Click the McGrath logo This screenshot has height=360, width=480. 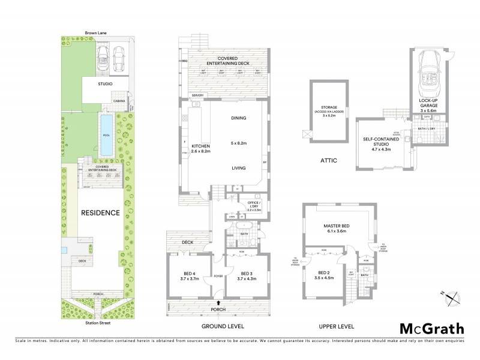click(x=431, y=329)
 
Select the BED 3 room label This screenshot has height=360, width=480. click(x=245, y=277)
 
